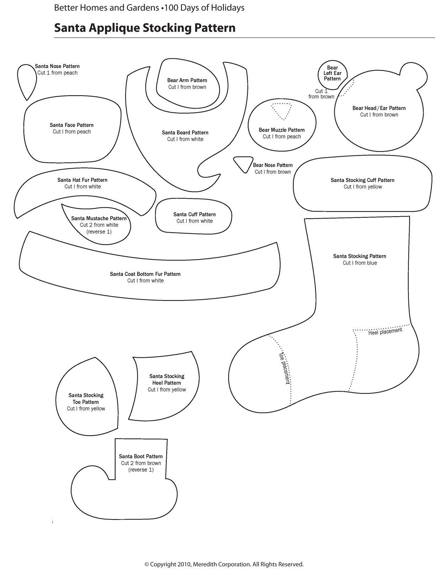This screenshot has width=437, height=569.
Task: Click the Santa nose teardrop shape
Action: coord(26,80)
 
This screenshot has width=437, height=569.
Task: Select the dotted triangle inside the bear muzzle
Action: coord(281,111)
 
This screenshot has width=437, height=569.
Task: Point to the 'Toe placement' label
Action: coord(284,368)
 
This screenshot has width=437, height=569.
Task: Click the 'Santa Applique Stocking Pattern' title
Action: coord(145,28)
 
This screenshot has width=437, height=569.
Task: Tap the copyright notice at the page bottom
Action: coord(224,564)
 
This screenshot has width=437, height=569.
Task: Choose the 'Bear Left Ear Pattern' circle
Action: coord(332,73)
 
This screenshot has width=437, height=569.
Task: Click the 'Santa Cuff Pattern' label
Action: coord(194,214)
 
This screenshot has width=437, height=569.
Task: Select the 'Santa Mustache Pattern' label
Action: coord(99,218)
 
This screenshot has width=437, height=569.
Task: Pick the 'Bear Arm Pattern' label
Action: coord(187,80)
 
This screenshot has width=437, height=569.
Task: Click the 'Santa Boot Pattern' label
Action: coord(141,456)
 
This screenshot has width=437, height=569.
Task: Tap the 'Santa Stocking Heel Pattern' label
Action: coord(167,379)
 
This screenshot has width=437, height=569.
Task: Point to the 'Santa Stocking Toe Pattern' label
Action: coord(86,399)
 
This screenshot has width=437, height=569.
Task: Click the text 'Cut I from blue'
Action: coord(359,263)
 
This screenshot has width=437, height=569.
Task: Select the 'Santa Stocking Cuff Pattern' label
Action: coord(362,180)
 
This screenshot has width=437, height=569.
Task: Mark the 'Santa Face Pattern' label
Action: coord(71,125)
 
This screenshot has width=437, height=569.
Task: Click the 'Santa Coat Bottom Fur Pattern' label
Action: coord(145,274)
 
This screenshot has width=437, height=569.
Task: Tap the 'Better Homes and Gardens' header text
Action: coord(106,7)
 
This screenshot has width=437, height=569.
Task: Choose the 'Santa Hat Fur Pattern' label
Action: coord(82,180)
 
